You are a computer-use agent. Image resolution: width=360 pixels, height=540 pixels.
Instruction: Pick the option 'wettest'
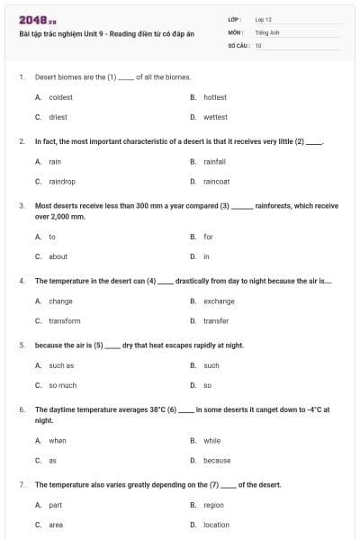pyautogui.click(x=215, y=117)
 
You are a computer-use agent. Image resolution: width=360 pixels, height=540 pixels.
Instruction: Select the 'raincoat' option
pyautogui.click(x=216, y=182)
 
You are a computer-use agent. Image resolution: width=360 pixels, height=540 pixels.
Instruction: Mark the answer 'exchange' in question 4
pyautogui.click(x=219, y=301)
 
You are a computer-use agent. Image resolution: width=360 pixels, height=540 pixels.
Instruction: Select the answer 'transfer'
pyautogui.click(x=216, y=320)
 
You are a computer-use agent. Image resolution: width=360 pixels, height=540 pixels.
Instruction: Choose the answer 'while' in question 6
pyautogui.click(x=212, y=440)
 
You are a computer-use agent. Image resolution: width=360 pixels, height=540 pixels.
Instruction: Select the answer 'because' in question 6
pyautogui.click(x=217, y=460)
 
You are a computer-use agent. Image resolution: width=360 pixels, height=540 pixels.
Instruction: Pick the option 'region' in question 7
pyautogui.click(x=213, y=505)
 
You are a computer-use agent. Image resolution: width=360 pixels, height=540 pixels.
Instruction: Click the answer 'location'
pyautogui.click(x=216, y=525)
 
